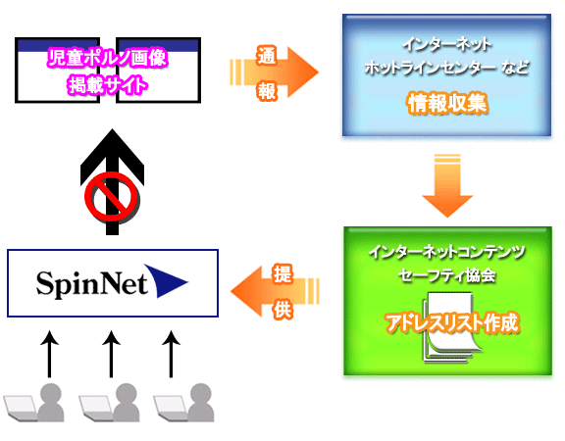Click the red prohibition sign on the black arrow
coord(112,197)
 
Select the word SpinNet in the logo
coord(92,283)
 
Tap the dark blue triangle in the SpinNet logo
coord(165,281)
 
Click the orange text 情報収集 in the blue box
coord(447,103)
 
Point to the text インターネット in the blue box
coord(447,45)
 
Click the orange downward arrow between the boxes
coord(447,186)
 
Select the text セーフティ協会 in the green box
coord(447,276)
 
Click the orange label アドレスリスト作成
coord(452,322)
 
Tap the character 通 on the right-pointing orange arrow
coord(267,56)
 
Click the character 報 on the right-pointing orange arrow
coord(267,91)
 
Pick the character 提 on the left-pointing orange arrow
coord(282,274)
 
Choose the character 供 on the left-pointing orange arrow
coord(282,310)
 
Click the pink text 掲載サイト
coord(108,85)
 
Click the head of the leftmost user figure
coord(50,393)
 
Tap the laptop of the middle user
coord(95,408)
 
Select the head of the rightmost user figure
coord(201,393)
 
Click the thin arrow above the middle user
coord(111,354)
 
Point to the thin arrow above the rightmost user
coord(171,354)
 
